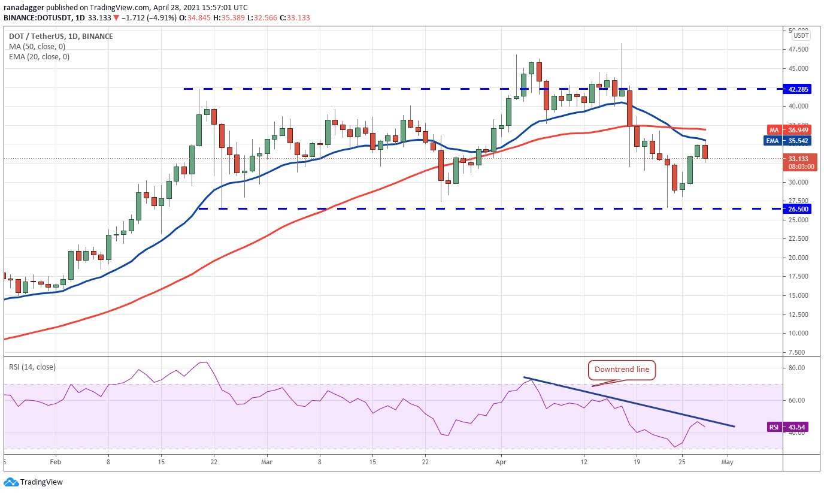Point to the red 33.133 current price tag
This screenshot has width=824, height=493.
coord(796,159)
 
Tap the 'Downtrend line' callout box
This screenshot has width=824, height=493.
coord(622,370)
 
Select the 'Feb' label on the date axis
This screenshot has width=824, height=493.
coord(55,462)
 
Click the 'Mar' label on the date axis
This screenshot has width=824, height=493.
coord(267,462)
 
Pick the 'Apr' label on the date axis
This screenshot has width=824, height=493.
coord(501,462)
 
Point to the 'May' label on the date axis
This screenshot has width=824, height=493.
coord(728,462)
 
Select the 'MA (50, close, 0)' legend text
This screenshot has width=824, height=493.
coord(37,47)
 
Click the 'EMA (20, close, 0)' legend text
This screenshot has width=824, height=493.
coord(39,57)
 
